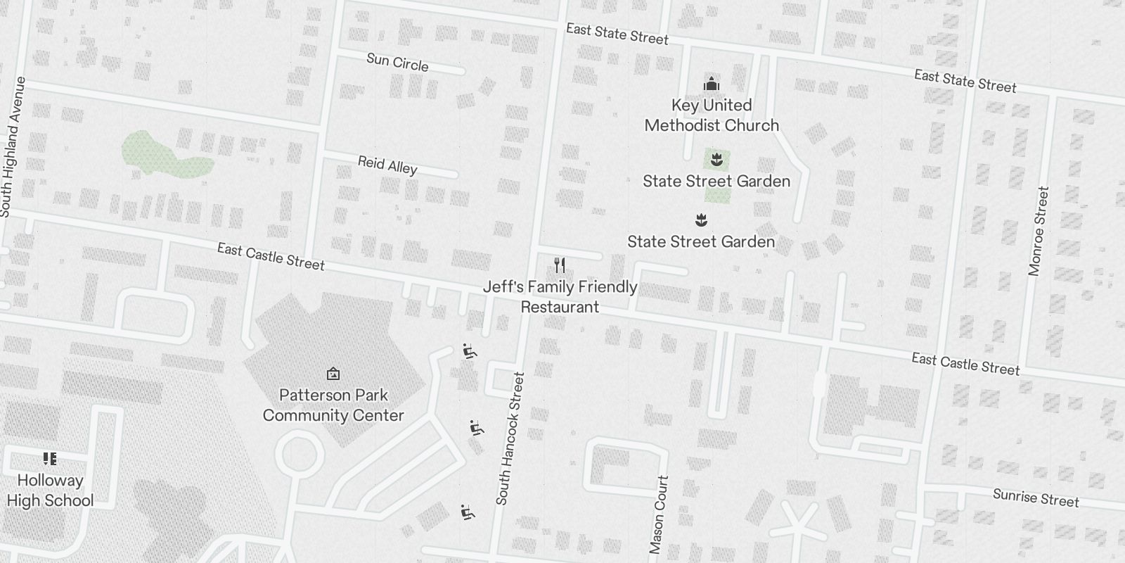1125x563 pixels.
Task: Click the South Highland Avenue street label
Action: point(14,146)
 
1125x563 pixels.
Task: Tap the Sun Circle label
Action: point(397,62)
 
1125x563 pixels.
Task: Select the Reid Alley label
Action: point(387,165)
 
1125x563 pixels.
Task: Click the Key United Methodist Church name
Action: point(712,115)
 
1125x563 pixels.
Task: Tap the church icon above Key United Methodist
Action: point(712,84)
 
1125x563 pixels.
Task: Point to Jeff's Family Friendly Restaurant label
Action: point(560,297)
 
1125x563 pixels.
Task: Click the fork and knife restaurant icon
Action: point(560,265)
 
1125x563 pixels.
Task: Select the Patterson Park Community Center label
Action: point(333,405)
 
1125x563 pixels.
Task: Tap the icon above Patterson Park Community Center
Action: point(333,374)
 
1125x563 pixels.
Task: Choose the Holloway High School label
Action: point(50,491)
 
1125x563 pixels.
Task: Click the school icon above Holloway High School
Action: point(50,459)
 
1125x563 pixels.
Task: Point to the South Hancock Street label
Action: point(510,438)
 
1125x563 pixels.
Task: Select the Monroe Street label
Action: point(1039,231)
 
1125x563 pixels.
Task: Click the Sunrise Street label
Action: point(1036,498)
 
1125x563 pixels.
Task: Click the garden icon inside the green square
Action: point(716,160)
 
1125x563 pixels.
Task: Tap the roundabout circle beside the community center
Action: point(299,455)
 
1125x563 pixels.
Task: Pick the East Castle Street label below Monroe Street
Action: point(965,364)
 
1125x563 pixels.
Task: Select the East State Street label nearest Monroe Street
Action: point(965,81)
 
